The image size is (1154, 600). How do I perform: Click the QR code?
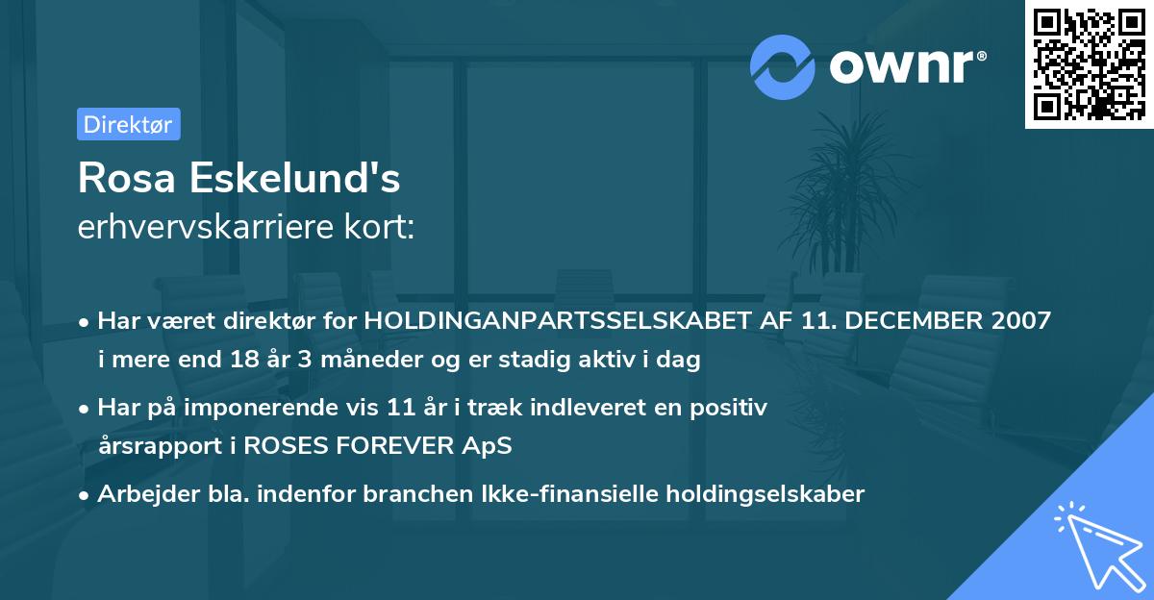1089,63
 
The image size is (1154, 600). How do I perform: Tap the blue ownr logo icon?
782,66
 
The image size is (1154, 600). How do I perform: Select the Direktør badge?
128,124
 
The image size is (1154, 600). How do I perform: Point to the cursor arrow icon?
1095,544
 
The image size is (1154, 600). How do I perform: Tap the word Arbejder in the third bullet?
139,494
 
